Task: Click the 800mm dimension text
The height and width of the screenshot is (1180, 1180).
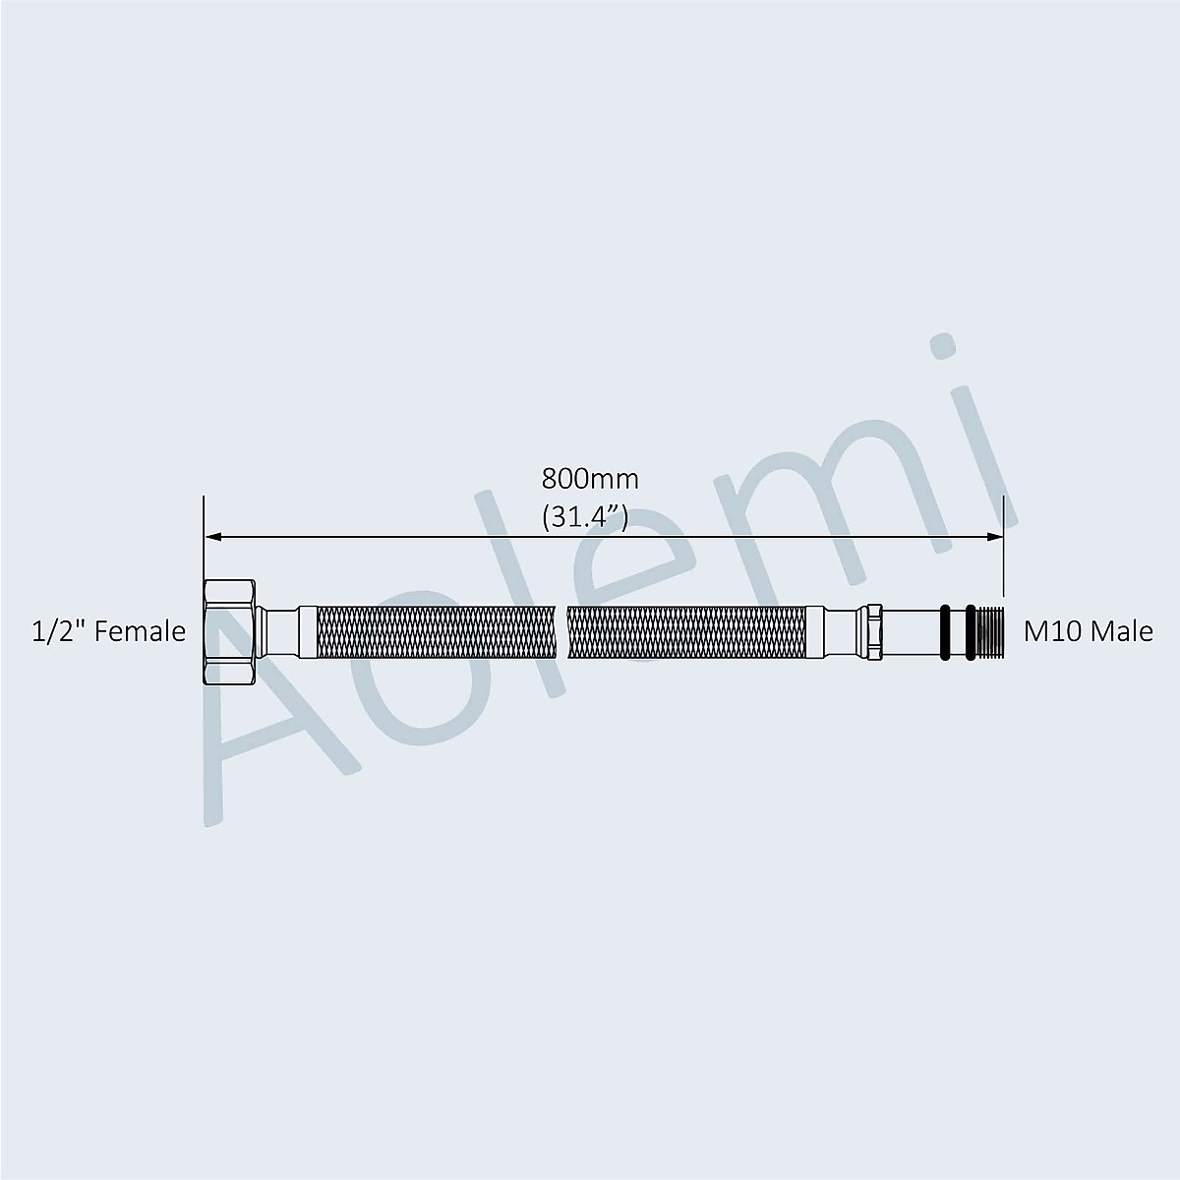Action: [x=590, y=480]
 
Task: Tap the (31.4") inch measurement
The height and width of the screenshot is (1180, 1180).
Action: [x=585, y=518]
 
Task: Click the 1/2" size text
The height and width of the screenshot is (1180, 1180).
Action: [x=58, y=631]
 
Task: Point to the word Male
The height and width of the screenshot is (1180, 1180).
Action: [x=1124, y=631]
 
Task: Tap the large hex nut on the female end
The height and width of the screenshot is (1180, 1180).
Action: [x=230, y=632]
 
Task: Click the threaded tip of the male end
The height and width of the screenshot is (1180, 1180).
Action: [x=989, y=632]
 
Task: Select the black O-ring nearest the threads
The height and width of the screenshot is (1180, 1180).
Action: [x=970, y=632]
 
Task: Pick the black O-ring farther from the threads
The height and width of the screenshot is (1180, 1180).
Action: [x=945, y=632]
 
